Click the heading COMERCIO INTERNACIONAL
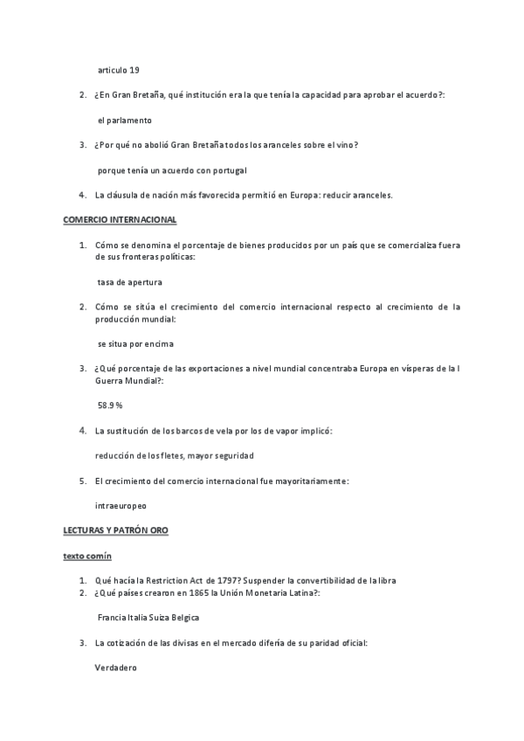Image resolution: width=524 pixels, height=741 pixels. (x=120, y=219)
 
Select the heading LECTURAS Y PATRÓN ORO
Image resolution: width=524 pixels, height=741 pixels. (x=115, y=530)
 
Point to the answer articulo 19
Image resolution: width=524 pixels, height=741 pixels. (x=118, y=69)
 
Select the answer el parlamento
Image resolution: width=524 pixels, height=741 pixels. (x=125, y=120)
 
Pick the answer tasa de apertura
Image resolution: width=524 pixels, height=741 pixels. (x=130, y=281)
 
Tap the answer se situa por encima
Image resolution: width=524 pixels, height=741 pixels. (x=135, y=343)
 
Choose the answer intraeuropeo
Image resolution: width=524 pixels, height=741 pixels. (x=121, y=505)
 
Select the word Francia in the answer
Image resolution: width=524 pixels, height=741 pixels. (x=113, y=618)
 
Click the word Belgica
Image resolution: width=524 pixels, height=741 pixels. (x=183, y=618)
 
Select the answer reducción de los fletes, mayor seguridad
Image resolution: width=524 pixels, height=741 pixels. (x=175, y=455)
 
